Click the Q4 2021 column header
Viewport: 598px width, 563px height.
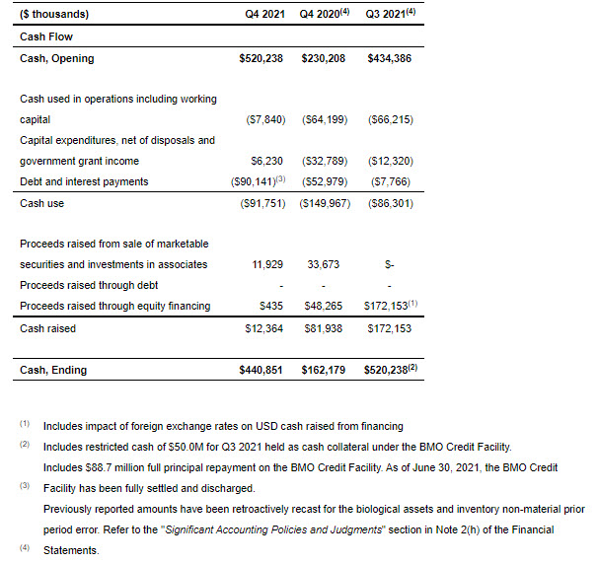point(264,15)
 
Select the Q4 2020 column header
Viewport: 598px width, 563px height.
point(322,15)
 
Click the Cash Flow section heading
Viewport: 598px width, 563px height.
point(46,36)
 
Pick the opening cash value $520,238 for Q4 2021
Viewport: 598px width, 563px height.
point(262,58)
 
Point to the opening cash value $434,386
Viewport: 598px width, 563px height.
point(389,58)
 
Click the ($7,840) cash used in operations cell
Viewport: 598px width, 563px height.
point(264,119)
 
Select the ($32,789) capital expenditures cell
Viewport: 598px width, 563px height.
point(326,161)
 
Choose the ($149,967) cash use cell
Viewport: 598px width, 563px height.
point(326,203)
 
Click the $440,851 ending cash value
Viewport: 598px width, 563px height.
point(262,370)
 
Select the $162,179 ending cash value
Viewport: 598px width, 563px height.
point(326,370)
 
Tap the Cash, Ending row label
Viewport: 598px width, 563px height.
point(53,370)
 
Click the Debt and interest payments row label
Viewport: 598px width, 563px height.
point(84,181)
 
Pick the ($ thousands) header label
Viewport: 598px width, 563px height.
point(54,15)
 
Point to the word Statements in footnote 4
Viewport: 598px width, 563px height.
point(71,550)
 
